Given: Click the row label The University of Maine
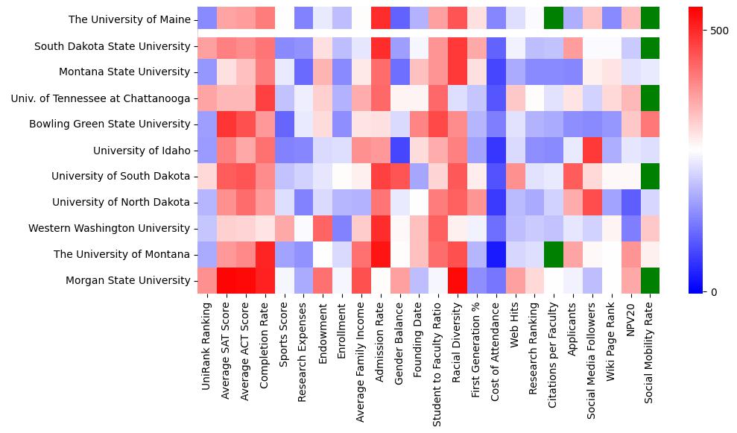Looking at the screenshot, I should tap(129, 19).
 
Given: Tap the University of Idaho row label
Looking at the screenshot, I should tap(142, 151).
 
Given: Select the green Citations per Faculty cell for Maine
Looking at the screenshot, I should tap(554, 16).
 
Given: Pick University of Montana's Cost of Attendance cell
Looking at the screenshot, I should tap(496, 254).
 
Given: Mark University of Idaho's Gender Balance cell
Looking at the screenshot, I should tap(400, 151).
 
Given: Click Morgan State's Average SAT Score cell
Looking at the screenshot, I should tap(227, 280).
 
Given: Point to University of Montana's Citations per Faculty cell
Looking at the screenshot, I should tap(554, 254).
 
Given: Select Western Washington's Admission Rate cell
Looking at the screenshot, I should tap(381, 228).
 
